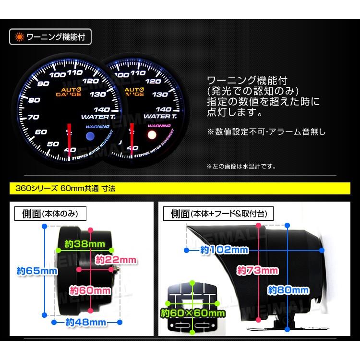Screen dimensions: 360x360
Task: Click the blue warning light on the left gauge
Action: (89, 136)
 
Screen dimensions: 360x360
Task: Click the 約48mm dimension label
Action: (85, 322)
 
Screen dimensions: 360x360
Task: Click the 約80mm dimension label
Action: (288, 289)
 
